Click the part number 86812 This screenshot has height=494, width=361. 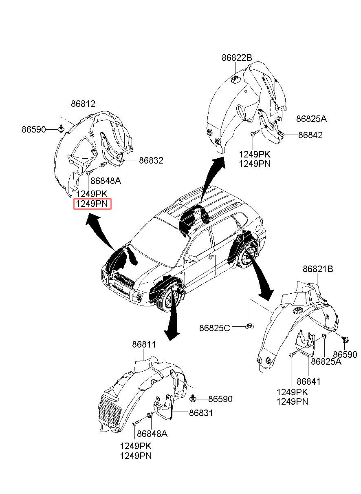tap(83, 104)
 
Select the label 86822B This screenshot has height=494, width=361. tap(237, 58)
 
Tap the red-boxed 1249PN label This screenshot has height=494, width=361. tap(92, 204)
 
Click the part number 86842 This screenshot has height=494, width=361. tap(310, 135)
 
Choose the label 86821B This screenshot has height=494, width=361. tap(318, 269)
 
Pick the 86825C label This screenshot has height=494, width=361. tap(215, 328)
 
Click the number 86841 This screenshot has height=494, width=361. tap(308, 382)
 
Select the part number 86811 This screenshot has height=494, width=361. tap(144, 345)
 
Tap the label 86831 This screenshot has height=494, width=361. tap(201, 413)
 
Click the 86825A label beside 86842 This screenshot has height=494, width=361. tap(311, 119)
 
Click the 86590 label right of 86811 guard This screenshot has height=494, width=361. tap(220, 399)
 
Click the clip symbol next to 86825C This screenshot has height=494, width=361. tap(249, 326)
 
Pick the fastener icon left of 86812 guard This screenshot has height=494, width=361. tap(61, 129)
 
